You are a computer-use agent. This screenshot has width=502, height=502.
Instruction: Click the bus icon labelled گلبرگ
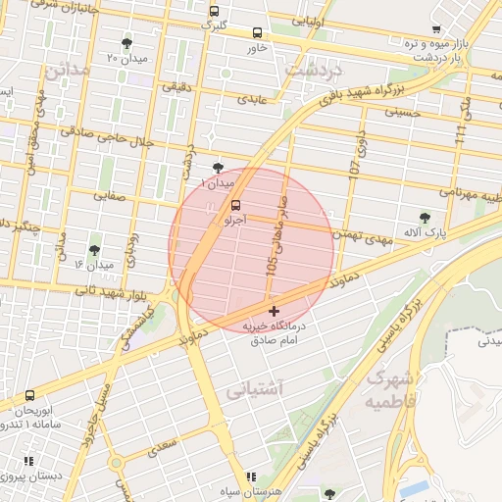215,11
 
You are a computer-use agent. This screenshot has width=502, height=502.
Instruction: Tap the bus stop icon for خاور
258,32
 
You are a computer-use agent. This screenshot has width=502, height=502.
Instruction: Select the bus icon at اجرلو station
235,205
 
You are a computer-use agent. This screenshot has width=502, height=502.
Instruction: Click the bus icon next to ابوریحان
29,396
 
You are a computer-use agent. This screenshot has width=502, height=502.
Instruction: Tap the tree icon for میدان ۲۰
126,43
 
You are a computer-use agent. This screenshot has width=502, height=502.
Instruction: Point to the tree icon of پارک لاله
425,217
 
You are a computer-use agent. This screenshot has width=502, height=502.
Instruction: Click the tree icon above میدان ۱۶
94,250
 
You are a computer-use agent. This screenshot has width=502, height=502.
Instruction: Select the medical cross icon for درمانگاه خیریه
273,311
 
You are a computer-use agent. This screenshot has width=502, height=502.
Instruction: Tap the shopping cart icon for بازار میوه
435,29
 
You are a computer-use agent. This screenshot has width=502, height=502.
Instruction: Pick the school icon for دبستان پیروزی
29,460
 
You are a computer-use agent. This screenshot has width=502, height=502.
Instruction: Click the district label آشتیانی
255,390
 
